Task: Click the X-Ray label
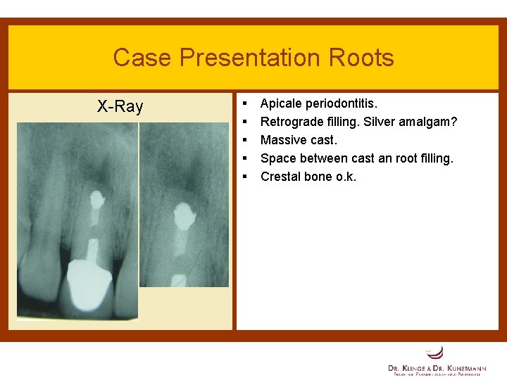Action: pyautogui.click(x=120, y=107)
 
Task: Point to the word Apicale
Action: pyautogui.click(x=283, y=104)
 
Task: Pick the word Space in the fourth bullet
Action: pyautogui.click(x=277, y=159)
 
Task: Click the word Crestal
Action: pyautogui.click(x=281, y=177)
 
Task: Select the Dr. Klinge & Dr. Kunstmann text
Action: pyautogui.click(x=437, y=368)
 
